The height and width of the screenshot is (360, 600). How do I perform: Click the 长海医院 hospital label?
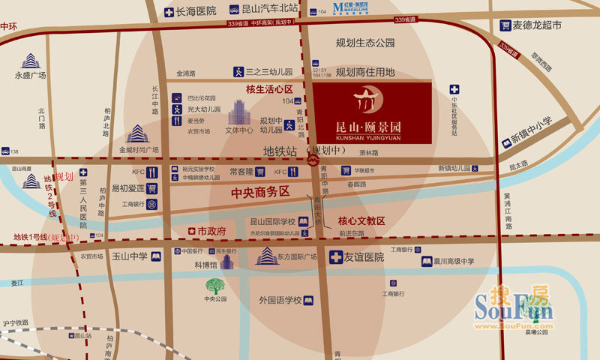pos(196,10)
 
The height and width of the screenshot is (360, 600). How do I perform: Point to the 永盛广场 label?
pos(31,76)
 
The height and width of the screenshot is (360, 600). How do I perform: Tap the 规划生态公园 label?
pos(365,43)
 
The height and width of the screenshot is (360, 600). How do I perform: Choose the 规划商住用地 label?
pos(365,72)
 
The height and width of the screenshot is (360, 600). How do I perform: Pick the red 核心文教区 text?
pos(361,221)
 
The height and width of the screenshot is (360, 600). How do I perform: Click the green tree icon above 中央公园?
pos(215,286)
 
